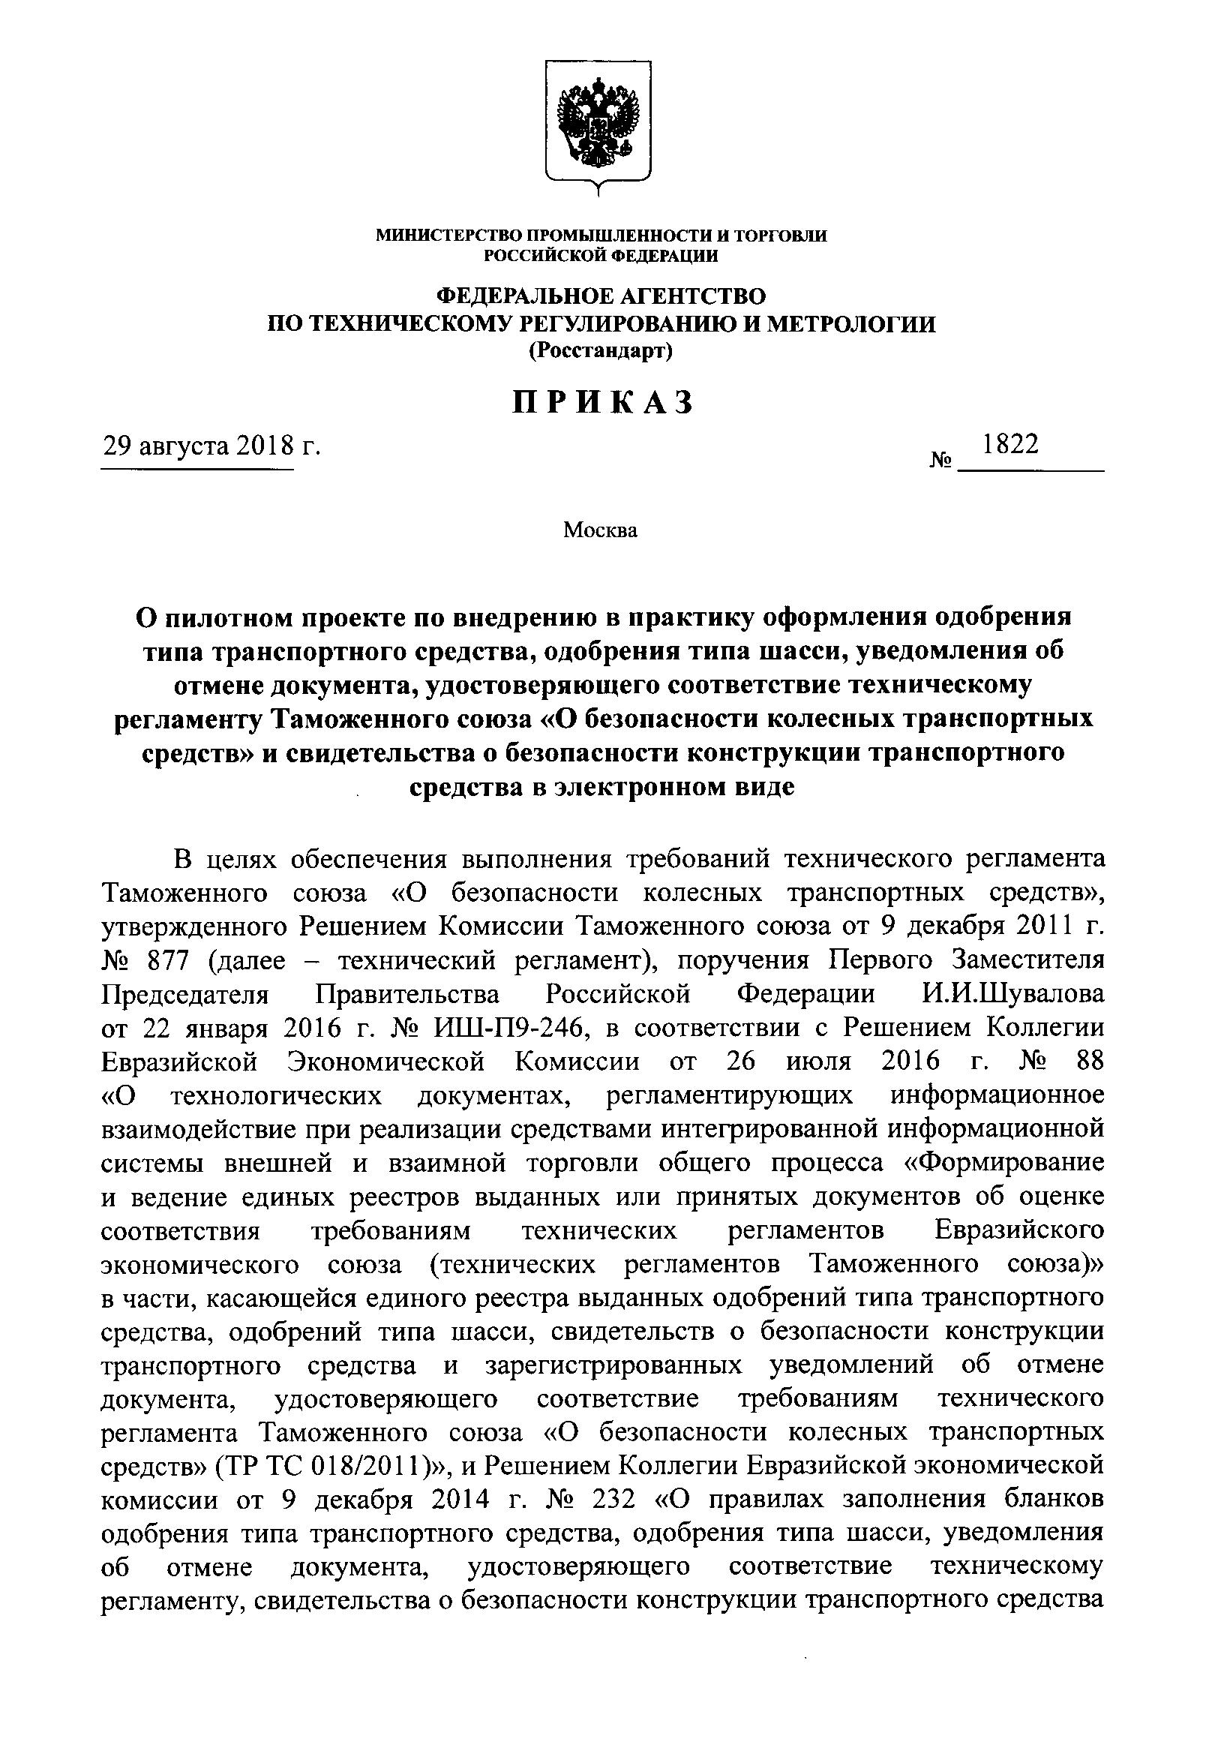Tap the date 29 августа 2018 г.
coord(211,445)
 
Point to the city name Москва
coord(600,530)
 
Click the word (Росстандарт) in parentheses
coord(601,350)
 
